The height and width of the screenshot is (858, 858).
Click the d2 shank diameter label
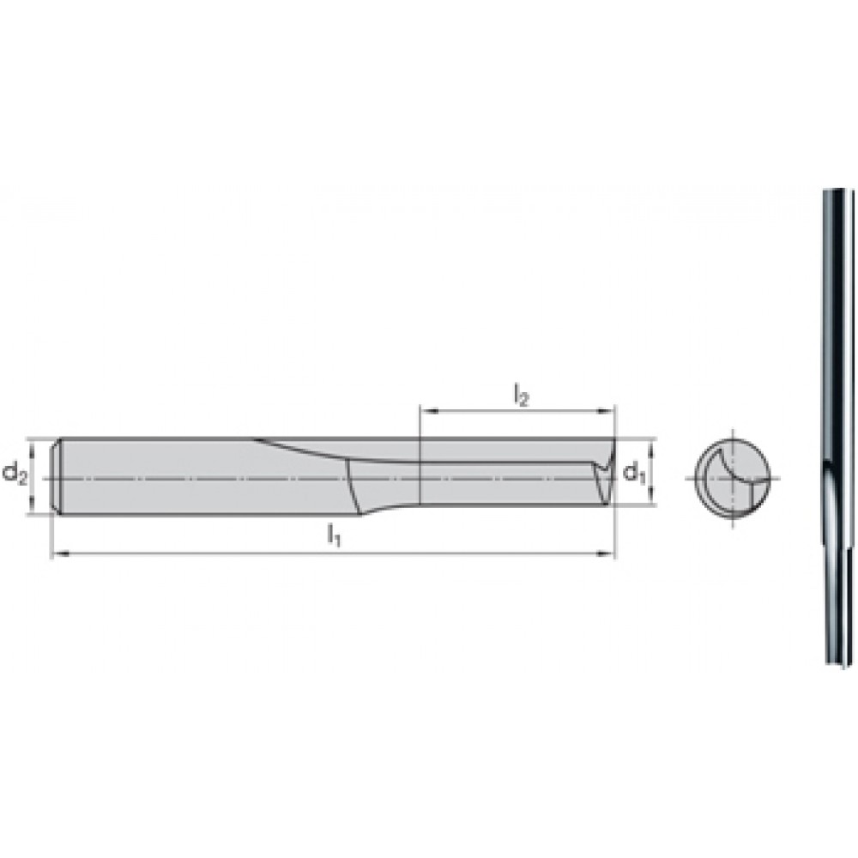15,474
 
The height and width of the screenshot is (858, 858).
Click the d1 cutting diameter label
635,473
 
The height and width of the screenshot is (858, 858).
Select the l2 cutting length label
521,394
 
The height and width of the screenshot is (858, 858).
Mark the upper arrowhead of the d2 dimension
32,447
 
